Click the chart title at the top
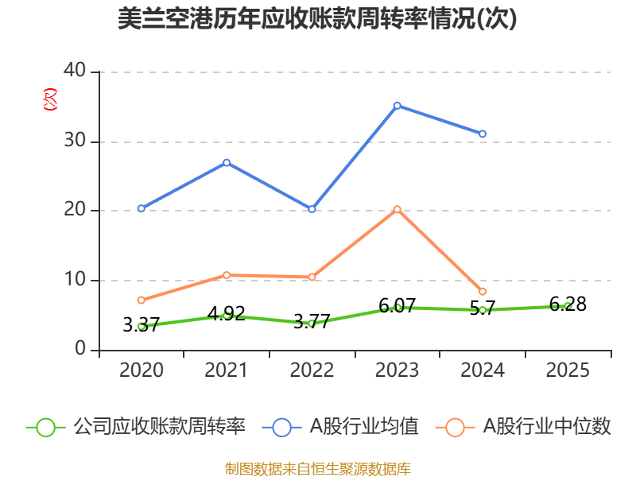pos(317,19)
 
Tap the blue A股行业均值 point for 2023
pos(397,105)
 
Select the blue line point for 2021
pos(227,162)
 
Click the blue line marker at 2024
pos(483,134)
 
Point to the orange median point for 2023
pos(397,209)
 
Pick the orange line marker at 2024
pos(483,292)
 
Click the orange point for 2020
pos(141,300)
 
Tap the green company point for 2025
pos(567,305)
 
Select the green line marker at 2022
pos(312,324)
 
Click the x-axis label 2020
pos(141,370)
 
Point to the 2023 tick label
pos(397,370)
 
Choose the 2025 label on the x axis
pos(568,370)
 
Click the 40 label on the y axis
pos(75,71)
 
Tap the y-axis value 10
pos(75,280)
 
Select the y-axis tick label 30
pos(75,141)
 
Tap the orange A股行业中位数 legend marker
pos(455,427)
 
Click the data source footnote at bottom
pos(317,468)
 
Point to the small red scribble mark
pos(50,99)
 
